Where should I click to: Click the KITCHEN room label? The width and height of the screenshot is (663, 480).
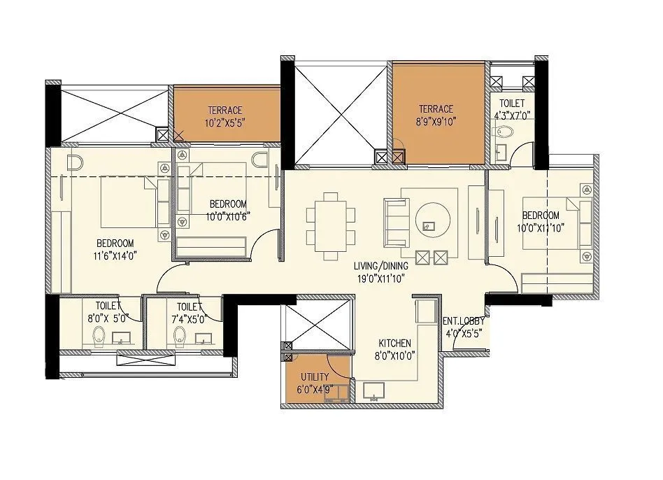pos(394,344)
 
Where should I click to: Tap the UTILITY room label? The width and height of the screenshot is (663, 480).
pos(314,376)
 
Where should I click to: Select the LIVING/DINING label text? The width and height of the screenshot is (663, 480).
pos(380,266)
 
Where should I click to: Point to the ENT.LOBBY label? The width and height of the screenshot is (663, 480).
pos(462,322)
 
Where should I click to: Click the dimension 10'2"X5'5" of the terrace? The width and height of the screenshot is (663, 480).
pos(224,122)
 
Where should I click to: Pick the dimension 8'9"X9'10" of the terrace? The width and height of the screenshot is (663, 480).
pos(436,121)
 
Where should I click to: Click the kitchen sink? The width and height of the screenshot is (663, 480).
pos(373,392)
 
